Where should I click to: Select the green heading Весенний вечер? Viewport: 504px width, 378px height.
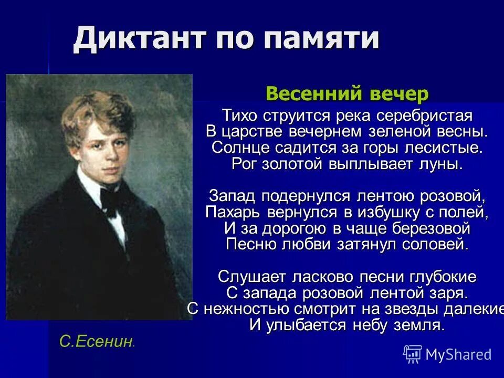(347, 94)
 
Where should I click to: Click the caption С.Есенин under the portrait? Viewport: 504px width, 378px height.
(96, 342)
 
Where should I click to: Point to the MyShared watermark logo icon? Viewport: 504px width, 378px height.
(413, 354)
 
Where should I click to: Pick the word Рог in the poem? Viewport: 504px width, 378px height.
(244, 164)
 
